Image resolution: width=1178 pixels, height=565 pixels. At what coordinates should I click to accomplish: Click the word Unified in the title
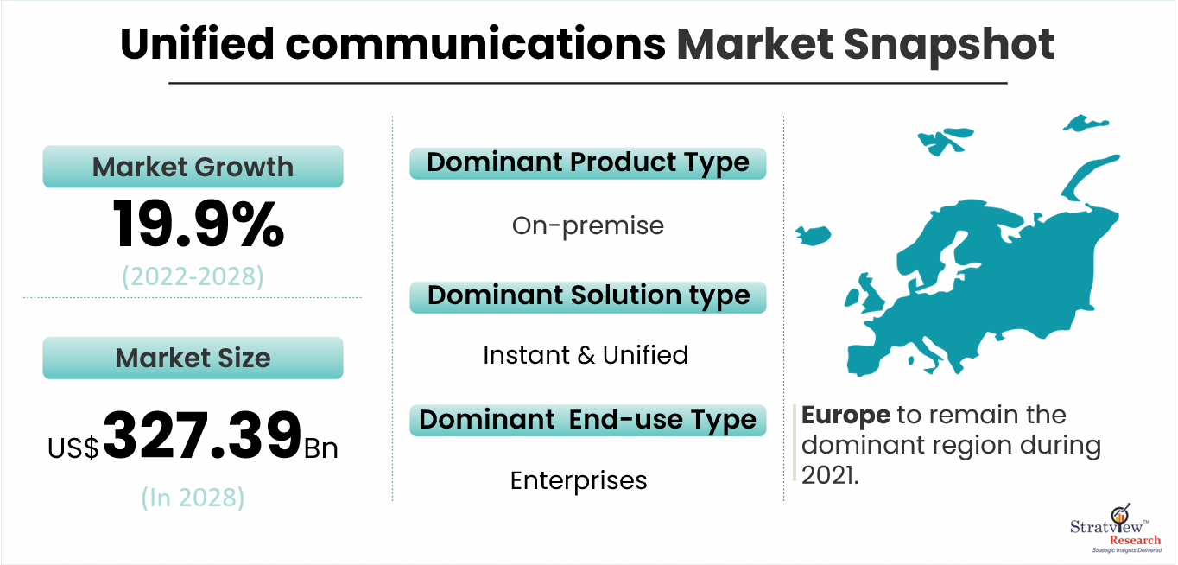[x=197, y=44]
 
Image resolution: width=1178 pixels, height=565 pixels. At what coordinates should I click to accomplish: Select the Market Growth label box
[x=193, y=166]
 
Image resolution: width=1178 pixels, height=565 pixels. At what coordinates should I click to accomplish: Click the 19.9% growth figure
[x=199, y=224]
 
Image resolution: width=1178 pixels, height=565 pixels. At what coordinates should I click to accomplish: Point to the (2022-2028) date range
[x=193, y=276]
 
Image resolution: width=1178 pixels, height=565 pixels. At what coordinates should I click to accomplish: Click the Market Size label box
[x=193, y=358]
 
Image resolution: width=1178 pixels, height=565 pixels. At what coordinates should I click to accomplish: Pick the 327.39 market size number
[x=202, y=435]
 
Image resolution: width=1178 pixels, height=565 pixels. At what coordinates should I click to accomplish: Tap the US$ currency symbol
[x=73, y=448]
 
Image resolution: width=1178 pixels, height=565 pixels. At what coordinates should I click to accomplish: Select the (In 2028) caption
[x=193, y=498]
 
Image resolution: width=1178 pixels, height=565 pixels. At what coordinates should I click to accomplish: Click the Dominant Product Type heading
[x=588, y=163]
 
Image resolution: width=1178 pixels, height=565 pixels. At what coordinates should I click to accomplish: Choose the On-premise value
[x=588, y=226]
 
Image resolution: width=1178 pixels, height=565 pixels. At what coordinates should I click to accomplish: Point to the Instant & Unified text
[x=586, y=355]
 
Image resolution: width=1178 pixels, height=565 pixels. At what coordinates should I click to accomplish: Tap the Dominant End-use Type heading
[x=588, y=421]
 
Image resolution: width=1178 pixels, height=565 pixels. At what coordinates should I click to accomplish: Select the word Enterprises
[x=579, y=481]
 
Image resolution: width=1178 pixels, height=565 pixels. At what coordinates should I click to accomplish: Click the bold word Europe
[x=845, y=416]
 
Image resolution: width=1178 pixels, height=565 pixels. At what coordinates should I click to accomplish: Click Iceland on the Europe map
[x=814, y=235]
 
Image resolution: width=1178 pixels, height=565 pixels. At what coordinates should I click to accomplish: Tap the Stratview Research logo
[x=1116, y=529]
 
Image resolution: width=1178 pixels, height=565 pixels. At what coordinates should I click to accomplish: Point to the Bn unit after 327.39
[x=320, y=448]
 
